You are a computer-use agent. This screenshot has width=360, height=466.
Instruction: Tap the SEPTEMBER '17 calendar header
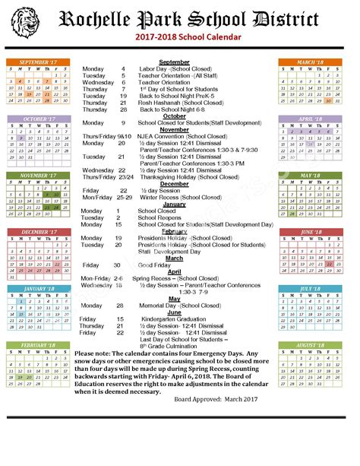(38, 62)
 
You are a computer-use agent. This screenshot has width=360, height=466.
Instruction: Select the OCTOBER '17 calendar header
(38, 119)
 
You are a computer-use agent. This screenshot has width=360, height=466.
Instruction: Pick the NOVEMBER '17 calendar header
(38, 176)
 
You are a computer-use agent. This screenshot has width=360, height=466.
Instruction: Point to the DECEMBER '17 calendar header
(38, 232)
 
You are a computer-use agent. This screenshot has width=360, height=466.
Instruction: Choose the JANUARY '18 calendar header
(38, 289)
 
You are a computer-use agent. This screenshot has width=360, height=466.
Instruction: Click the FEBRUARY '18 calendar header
(38, 345)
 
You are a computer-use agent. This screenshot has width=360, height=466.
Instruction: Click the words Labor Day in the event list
(153, 68)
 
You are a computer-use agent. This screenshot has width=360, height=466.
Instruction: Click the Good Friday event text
(155, 265)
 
